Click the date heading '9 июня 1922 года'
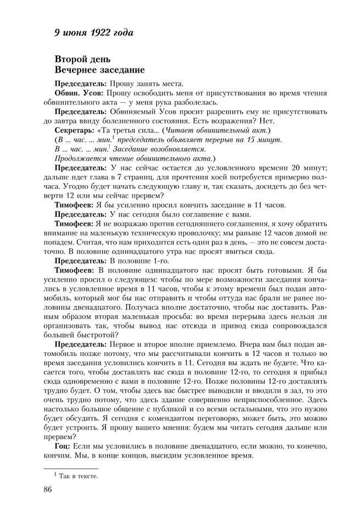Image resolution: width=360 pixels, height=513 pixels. point(94,32)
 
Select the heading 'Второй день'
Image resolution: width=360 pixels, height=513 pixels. point(83,59)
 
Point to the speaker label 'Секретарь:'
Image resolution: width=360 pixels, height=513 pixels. point(75,130)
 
